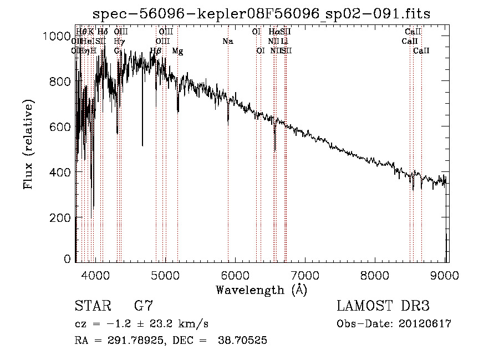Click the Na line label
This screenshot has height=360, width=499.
[x=227, y=42]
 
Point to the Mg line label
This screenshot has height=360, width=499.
[x=177, y=51]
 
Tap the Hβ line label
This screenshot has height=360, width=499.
[x=156, y=51]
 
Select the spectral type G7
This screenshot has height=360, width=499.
[x=143, y=306]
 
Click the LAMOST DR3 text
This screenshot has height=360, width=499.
[x=383, y=306]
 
